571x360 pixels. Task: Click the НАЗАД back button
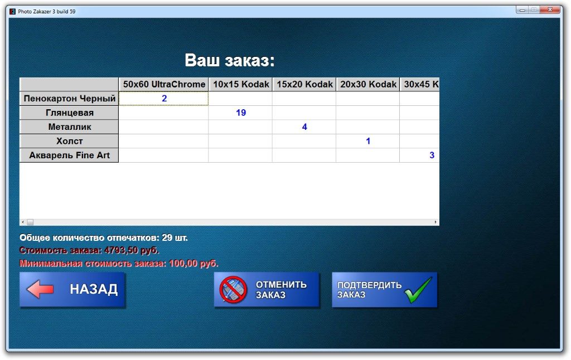pyautogui.click(x=72, y=290)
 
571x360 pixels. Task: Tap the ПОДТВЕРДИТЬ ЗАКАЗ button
pyautogui.click(x=384, y=290)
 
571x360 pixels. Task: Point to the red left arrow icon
pyautogui.click(x=40, y=289)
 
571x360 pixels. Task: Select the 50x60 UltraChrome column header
pyautogui.click(x=163, y=85)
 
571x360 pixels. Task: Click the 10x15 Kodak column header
pyautogui.click(x=240, y=85)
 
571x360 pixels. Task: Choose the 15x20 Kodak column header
pyautogui.click(x=304, y=85)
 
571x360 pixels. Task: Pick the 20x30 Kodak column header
pyautogui.click(x=368, y=85)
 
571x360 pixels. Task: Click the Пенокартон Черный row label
pyautogui.click(x=69, y=99)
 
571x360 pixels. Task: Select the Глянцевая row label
pyautogui.click(x=69, y=113)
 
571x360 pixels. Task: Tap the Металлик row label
pyautogui.click(x=69, y=127)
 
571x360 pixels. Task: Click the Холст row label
pyautogui.click(x=69, y=141)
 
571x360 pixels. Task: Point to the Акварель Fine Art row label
pyautogui.click(x=69, y=155)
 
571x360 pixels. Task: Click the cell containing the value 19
pyautogui.click(x=240, y=113)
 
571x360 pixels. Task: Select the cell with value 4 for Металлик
pyautogui.click(x=304, y=127)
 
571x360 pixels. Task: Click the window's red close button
pyautogui.click(x=550, y=10)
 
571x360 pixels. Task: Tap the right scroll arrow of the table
pyautogui.click(x=435, y=222)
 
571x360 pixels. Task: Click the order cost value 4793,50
pyautogui.click(x=120, y=250)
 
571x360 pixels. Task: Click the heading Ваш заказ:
pyautogui.click(x=229, y=60)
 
